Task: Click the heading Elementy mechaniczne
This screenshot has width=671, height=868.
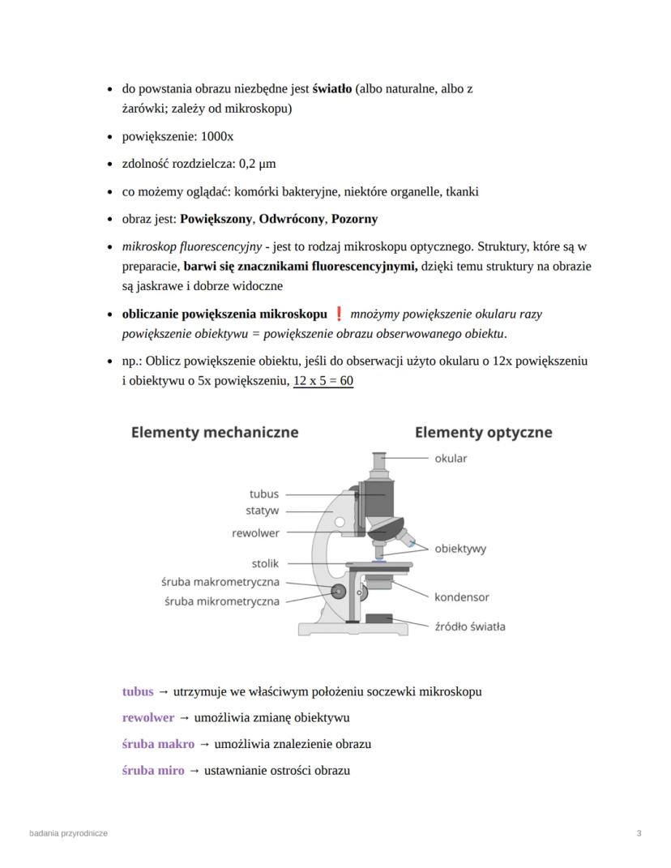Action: point(215,432)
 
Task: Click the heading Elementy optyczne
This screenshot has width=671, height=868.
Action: point(483,432)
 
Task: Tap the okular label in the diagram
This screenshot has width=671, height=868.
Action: point(451,459)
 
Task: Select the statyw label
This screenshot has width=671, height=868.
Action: point(262,511)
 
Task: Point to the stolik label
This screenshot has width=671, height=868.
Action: point(265,563)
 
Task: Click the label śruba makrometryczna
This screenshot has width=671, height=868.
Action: point(220,582)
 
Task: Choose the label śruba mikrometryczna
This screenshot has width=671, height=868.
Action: point(221,601)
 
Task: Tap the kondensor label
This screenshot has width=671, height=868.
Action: point(461,597)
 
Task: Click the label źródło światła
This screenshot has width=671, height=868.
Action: point(470,626)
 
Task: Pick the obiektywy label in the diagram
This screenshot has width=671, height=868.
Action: point(460,549)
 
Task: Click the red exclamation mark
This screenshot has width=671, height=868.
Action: point(339,314)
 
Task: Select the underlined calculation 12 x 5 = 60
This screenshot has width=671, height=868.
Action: point(323,381)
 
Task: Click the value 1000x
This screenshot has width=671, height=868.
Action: point(217,136)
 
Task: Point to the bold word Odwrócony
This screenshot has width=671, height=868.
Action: point(291,219)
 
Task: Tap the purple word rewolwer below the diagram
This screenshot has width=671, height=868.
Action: point(148,718)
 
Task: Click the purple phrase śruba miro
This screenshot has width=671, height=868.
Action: point(153,770)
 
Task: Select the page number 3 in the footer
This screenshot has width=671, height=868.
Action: point(639,833)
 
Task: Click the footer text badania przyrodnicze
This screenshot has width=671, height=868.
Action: point(68,833)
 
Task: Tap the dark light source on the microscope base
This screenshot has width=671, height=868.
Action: point(379,619)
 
